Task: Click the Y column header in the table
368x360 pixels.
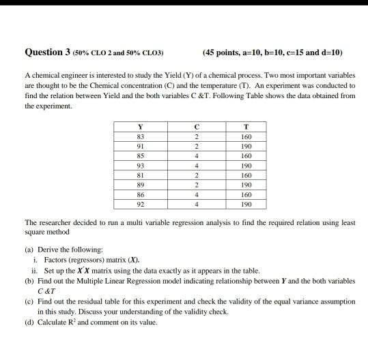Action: (141, 127)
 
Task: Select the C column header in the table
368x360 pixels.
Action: (196, 127)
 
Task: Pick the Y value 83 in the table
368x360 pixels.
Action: (141, 137)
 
